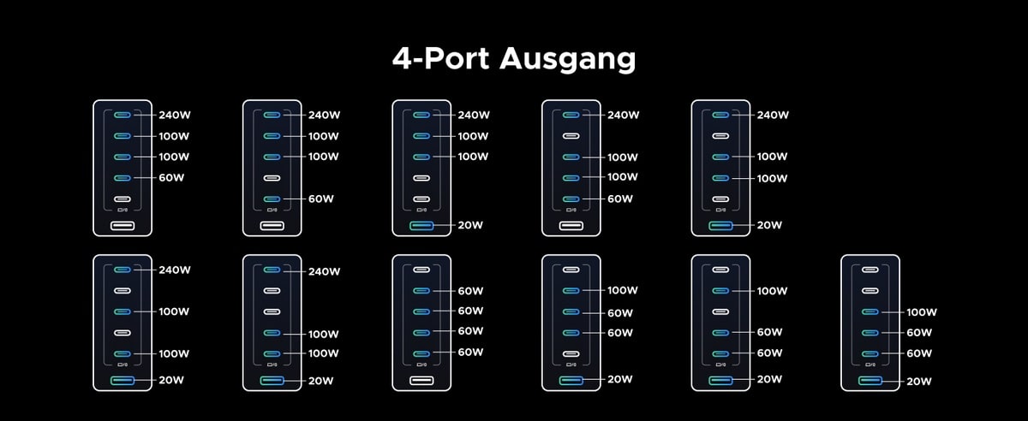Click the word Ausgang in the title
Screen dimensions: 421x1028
(x=567, y=59)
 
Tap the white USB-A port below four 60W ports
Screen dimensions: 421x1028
(x=421, y=380)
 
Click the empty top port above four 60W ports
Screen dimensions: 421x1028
(x=421, y=270)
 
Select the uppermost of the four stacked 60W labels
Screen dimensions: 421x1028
(x=470, y=290)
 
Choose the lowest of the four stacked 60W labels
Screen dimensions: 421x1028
(x=470, y=353)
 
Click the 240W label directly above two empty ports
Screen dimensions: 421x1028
(x=323, y=270)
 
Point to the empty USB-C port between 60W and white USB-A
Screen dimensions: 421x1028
(x=123, y=199)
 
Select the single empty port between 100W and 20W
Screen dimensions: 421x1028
(x=720, y=199)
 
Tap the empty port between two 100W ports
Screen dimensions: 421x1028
(x=123, y=332)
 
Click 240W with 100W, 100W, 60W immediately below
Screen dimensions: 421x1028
(x=174, y=115)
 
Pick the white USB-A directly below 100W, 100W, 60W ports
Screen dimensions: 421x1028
(x=571, y=226)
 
